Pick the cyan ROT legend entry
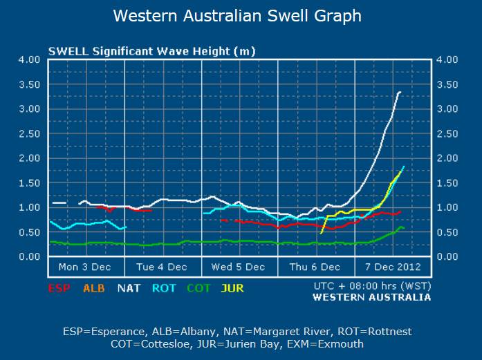(x=165, y=288)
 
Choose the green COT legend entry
(x=199, y=288)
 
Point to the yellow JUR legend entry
(x=233, y=288)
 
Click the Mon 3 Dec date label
(x=85, y=267)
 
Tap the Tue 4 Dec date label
(x=162, y=267)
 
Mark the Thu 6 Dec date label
(x=315, y=267)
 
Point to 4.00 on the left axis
(x=29, y=59)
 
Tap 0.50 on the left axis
(x=29, y=232)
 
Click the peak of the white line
(x=400, y=92)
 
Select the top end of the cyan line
(x=404, y=167)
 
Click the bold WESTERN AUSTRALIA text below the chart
(x=372, y=297)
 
